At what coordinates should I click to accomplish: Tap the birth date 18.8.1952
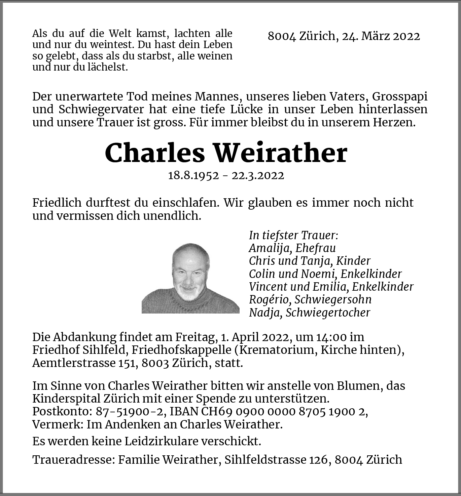tap(193, 175)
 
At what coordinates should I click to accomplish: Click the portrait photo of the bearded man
tap(190, 278)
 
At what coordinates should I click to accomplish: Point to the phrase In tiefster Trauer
tap(293, 235)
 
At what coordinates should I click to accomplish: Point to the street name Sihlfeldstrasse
tap(265, 459)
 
